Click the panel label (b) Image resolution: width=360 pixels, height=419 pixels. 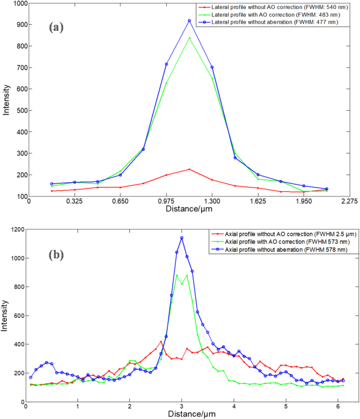click(56, 256)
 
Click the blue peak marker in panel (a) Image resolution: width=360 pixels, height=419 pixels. click(189, 21)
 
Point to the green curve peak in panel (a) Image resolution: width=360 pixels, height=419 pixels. click(189, 38)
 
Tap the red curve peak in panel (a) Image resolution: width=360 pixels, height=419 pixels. click(189, 169)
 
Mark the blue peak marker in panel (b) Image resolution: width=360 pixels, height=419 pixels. click(182, 238)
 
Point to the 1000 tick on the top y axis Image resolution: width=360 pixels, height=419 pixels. click(18, 4)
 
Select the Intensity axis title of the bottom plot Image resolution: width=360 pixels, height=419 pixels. click(5, 316)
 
